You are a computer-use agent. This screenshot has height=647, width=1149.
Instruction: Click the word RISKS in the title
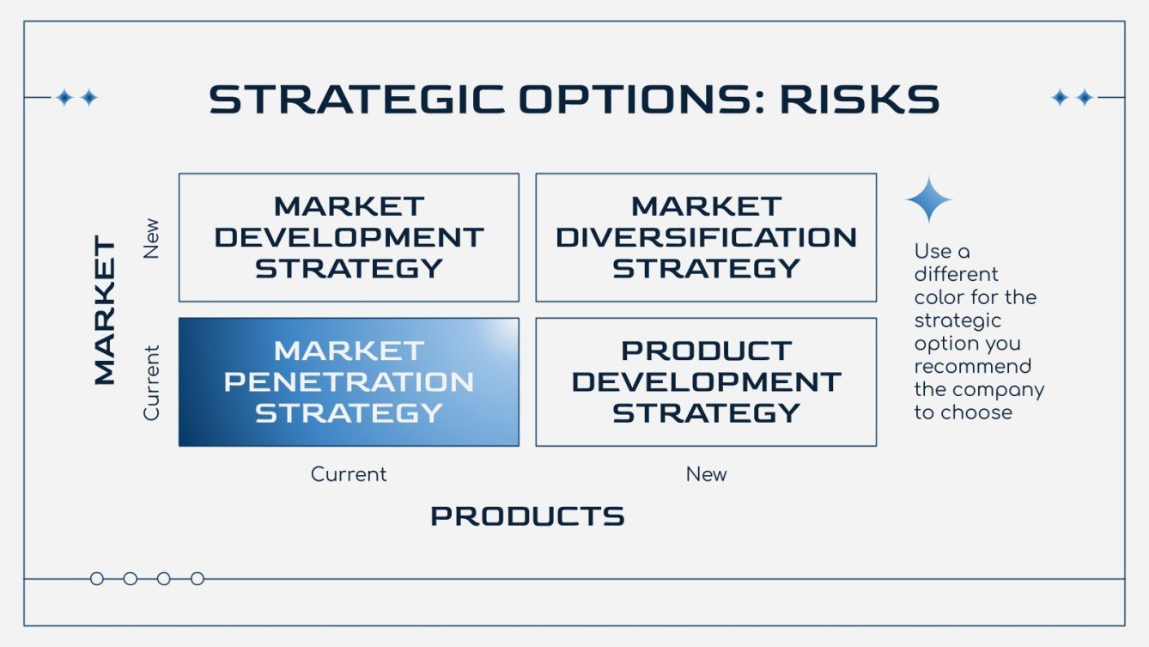click(858, 100)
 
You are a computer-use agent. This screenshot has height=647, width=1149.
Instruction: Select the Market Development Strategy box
click(349, 237)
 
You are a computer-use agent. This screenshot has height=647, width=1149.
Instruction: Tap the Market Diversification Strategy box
click(706, 237)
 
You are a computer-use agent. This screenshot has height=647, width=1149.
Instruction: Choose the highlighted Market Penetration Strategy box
click(349, 381)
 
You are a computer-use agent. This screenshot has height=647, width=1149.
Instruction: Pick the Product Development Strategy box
click(706, 381)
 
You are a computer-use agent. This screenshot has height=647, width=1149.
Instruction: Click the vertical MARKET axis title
click(104, 310)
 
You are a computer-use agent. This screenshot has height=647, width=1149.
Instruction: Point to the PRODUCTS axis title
click(527, 516)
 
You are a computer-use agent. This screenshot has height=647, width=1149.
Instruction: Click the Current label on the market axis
click(152, 382)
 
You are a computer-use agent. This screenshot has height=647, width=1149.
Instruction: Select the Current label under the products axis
click(349, 474)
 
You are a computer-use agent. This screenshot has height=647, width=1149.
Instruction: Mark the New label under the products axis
click(706, 474)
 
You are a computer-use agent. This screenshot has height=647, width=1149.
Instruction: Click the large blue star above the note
click(928, 200)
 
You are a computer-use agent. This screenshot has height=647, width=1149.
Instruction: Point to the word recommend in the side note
click(972, 367)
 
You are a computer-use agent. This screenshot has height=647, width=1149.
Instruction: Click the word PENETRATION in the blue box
click(349, 381)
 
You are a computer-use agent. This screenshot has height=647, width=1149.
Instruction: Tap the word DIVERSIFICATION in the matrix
click(706, 237)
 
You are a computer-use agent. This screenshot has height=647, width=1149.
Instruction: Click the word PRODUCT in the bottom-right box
click(706, 351)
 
